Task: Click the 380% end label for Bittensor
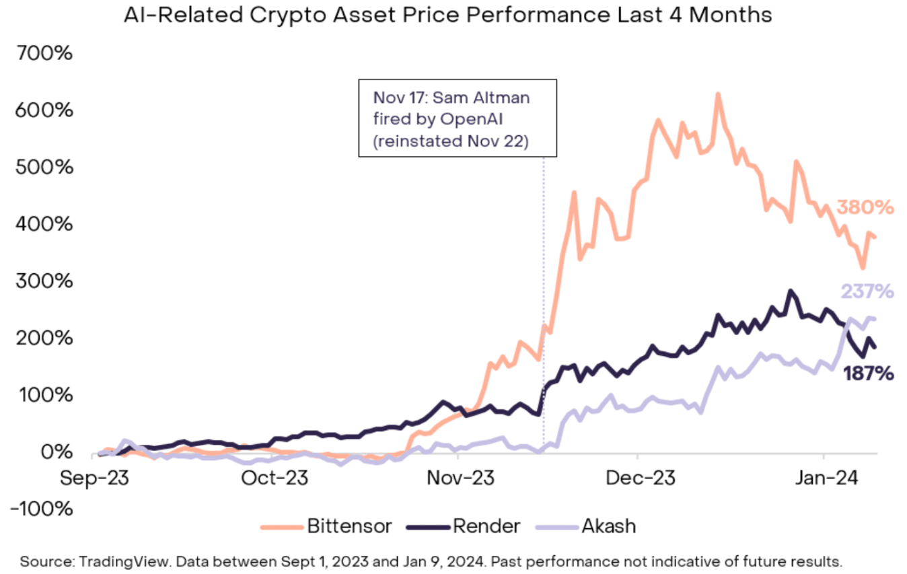pos(865,208)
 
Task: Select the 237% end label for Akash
pos(866,291)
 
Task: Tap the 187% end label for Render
pos(868,373)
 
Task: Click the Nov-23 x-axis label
pos(457,478)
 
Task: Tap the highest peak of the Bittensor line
pos(718,94)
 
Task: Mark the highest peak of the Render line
pos(791,291)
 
